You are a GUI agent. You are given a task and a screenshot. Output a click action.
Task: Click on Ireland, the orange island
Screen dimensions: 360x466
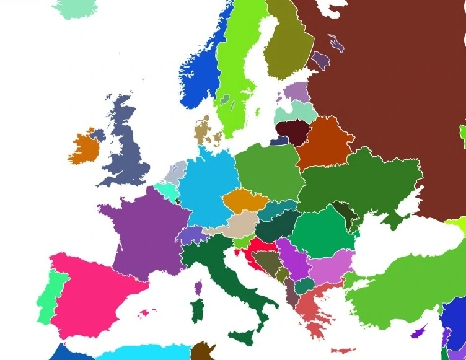coord(84,147)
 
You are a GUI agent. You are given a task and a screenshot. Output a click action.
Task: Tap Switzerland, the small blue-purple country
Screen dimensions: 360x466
coord(191,235)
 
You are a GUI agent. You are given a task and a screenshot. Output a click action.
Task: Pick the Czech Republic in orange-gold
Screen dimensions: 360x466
coord(244,201)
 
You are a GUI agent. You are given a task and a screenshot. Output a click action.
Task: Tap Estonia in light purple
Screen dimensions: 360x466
coord(296,93)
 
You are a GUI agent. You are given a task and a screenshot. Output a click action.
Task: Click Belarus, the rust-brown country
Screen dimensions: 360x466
coord(322,143)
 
